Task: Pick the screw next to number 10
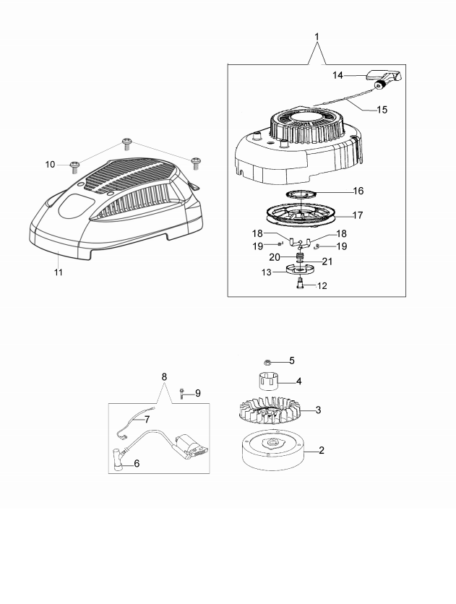[x=74, y=166]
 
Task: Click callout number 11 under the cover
[x=59, y=272]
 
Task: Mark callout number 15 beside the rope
[x=382, y=110]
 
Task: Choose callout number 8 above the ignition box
[x=164, y=376]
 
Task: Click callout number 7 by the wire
[x=146, y=418]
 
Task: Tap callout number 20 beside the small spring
[x=275, y=256]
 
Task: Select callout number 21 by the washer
[x=327, y=261]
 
